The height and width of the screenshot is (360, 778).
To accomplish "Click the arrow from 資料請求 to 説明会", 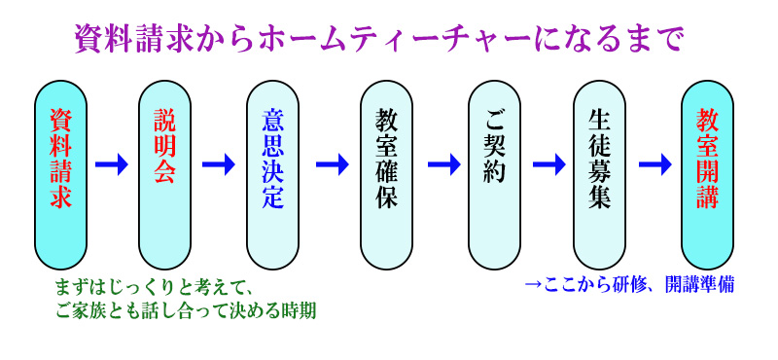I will click(112, 163).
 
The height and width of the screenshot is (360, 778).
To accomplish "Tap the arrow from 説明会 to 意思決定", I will click(218, 163).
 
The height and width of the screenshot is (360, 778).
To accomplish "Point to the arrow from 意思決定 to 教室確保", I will click(332, 163).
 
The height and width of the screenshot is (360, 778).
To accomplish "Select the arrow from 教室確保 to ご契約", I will click(442, 163).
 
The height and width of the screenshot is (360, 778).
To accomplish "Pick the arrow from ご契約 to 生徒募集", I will click(548, 163).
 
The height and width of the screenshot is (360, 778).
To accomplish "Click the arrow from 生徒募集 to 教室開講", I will click(654, 163).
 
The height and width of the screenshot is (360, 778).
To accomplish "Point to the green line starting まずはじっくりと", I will click(155, 289).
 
